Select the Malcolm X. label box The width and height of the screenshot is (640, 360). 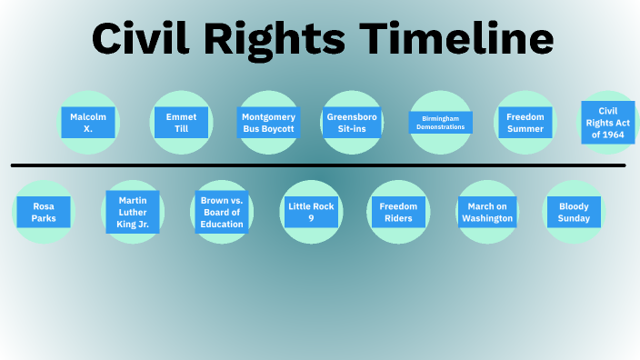(x=88, y=123)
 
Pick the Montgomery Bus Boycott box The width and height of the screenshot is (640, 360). (x=268, y=123)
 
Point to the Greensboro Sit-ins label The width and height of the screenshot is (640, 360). (x=352, y=123)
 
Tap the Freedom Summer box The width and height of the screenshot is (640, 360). (x=525, y=123)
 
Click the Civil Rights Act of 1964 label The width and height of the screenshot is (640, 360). (x=607, y=123)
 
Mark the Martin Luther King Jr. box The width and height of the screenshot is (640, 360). (x=133, y=212)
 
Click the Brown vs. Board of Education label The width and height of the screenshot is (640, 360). (x=221, y=212)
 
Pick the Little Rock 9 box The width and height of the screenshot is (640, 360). (x=311, y=212)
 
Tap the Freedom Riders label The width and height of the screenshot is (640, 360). (x=398, y=212)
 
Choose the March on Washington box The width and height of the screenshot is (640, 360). (x=486, y=212)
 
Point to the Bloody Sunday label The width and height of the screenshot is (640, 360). (x=574, y=212)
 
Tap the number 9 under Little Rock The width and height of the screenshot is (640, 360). (x=311, y=219)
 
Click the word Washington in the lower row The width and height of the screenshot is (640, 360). (x=486, y=219)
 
